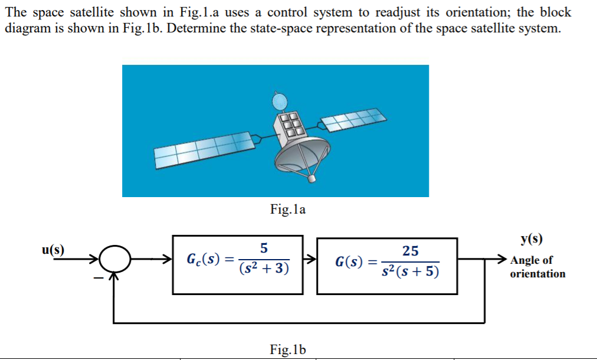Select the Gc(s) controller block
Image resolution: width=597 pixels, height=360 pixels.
point(237,264)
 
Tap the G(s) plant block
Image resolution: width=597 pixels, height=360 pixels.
point(387,265)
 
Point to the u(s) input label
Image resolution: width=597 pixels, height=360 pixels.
point(53,248)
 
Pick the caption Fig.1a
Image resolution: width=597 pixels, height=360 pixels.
point(287,209)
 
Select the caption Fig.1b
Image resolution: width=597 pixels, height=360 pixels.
point(288,349)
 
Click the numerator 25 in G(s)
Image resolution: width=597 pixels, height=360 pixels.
point(410,251)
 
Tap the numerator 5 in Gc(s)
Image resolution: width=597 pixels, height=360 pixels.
point(264,248)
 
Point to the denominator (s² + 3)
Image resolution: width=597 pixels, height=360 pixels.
point(264,269)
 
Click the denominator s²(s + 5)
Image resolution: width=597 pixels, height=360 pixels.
point(410,272)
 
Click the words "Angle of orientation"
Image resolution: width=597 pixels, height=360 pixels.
point(537,267)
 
